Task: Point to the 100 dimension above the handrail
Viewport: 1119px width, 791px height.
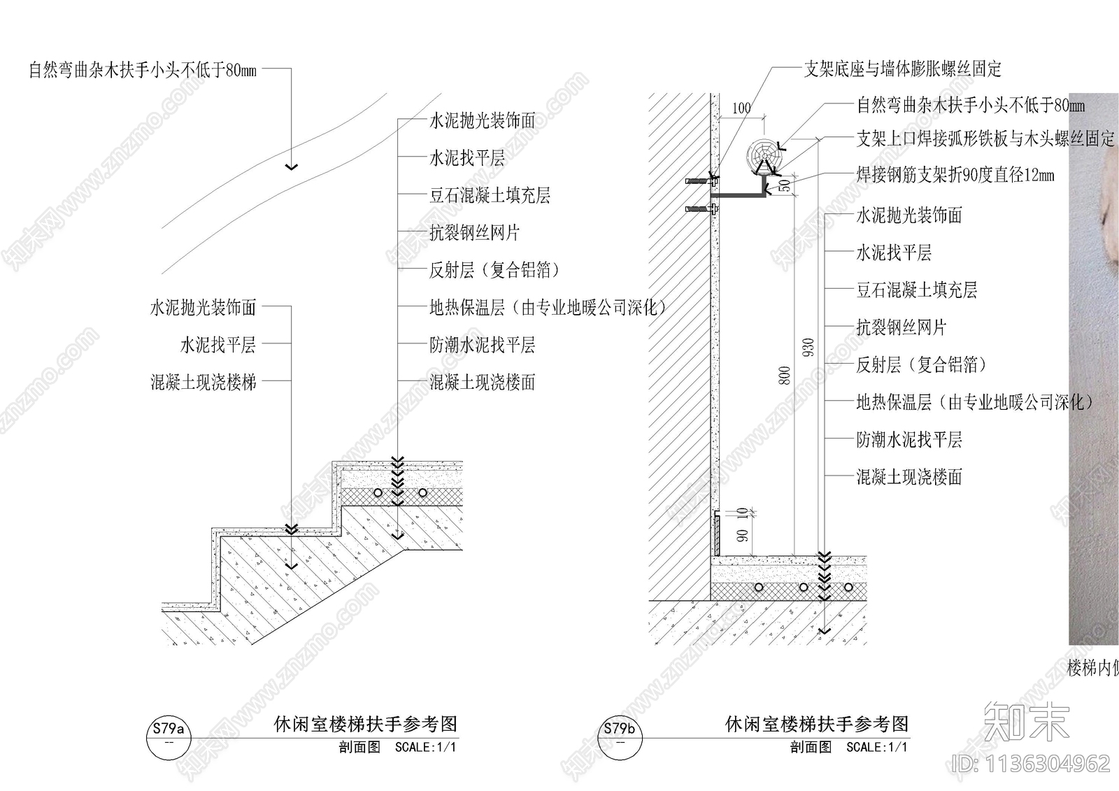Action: (741, 108)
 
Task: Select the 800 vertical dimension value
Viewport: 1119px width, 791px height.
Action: (785, 376)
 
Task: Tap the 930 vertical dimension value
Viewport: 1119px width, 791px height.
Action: (808, 348)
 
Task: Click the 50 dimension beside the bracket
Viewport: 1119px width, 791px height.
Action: (785, 185)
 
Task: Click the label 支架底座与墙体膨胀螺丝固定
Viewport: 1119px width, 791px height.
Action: (902, 69)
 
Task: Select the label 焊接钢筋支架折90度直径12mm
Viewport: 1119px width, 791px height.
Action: (955, 175)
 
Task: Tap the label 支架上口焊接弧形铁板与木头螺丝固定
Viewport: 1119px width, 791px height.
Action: (985, 138)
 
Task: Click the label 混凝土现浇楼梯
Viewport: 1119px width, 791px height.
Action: (204, 382)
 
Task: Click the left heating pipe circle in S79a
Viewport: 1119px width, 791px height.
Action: (378, 492)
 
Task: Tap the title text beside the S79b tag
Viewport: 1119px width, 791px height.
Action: (817, 724)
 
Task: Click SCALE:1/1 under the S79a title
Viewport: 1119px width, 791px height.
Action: (425, 747)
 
